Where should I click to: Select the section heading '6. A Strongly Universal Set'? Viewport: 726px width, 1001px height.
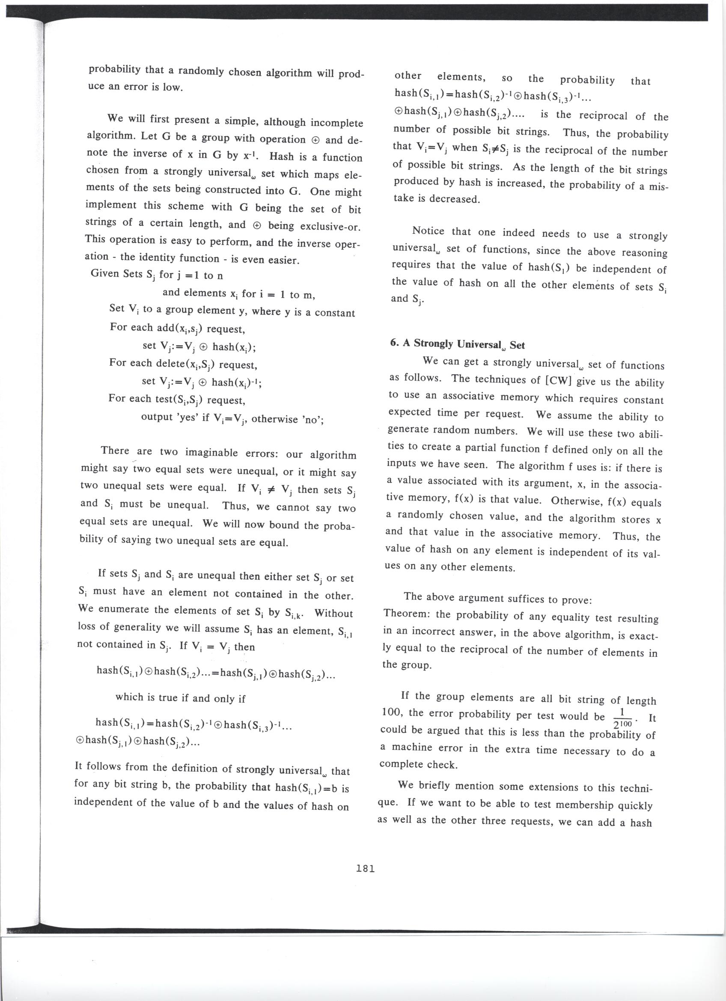(457, 345)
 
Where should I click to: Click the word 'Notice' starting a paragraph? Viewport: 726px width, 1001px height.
(428, 231)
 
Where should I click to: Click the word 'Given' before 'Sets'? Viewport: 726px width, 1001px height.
(104, 273)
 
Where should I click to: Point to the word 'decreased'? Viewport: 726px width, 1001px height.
(454, 199)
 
